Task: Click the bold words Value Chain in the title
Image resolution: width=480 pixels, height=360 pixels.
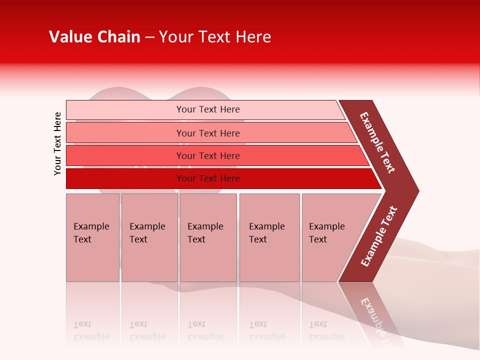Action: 94,37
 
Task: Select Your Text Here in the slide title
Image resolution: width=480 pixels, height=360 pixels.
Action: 215,37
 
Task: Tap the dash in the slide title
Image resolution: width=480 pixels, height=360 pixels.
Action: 149,37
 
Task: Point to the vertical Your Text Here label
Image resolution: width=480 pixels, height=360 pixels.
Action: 57,143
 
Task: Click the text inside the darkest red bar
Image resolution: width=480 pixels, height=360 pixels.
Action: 208,178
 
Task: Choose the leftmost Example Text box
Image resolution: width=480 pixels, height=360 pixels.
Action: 92,237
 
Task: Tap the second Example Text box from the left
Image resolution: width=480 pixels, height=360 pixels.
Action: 149,237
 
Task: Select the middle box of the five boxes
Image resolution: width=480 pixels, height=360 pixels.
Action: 208,237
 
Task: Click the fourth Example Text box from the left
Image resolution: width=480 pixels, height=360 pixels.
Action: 269,237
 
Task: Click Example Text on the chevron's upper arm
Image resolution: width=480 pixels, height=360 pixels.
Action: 377,142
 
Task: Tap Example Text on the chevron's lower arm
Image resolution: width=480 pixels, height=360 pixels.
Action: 379,236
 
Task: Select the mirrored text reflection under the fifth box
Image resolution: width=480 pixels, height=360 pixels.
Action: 327,330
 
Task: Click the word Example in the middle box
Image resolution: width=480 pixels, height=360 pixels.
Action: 205,226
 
